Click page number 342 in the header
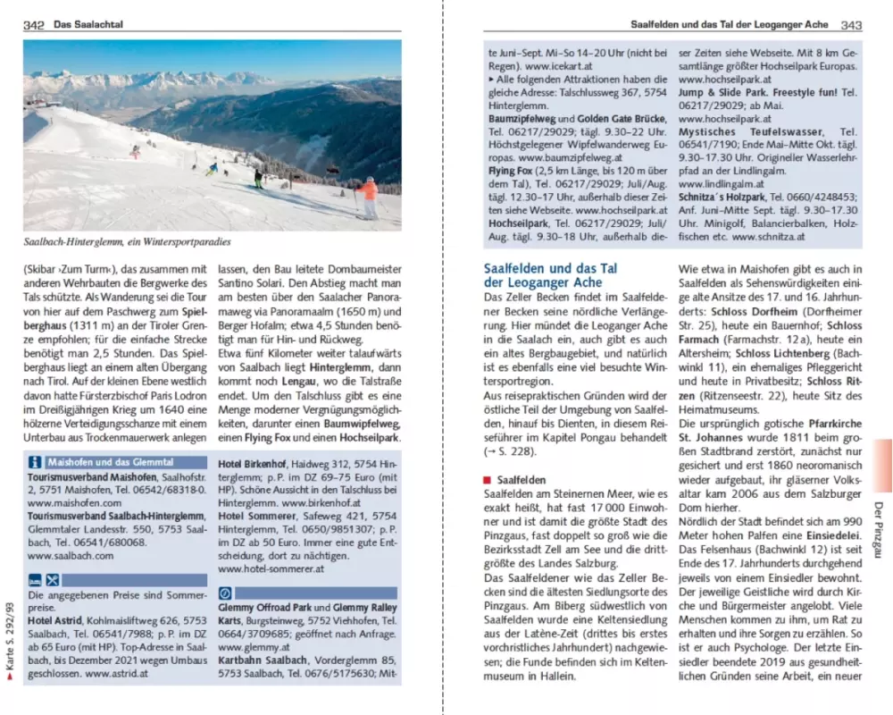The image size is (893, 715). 33,26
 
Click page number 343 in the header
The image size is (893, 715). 851,26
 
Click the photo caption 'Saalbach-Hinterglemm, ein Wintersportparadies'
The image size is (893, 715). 127,242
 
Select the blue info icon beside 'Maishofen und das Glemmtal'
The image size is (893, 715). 36,462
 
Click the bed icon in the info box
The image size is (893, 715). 34,579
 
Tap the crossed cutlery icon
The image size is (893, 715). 52,579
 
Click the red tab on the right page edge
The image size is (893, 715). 879,464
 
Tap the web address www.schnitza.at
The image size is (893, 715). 769,238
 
